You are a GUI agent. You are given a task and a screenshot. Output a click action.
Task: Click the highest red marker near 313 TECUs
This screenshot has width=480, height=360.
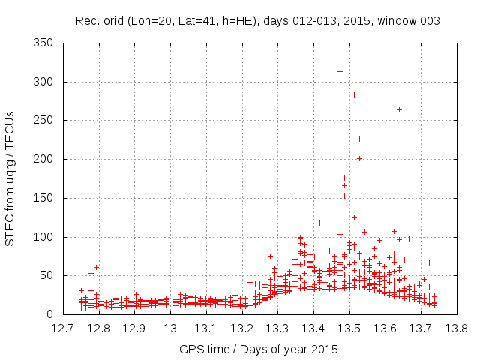point(340,71)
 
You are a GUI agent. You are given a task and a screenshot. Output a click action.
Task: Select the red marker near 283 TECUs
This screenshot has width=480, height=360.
point(354,94)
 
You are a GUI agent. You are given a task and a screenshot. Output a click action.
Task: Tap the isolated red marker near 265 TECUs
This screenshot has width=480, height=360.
point(399,109)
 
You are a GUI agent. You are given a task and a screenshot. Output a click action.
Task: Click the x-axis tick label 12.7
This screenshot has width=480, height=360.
point(63,328)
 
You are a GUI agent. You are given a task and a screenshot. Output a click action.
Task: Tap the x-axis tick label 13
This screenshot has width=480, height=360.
point(170,328)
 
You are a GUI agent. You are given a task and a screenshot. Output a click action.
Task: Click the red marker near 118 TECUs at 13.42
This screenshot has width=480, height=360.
point(319,223)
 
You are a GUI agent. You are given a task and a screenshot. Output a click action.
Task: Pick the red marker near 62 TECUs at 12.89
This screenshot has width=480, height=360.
point(130,265)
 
